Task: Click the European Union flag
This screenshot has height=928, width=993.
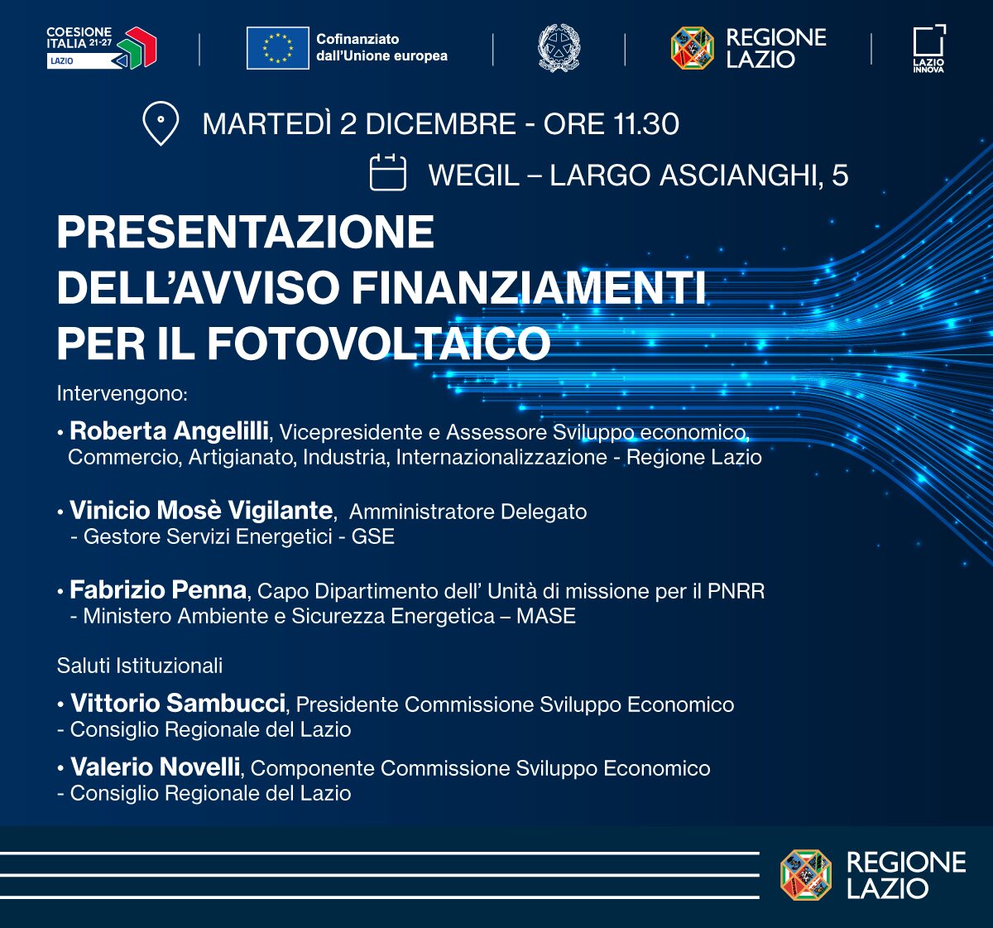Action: tap(277, 48)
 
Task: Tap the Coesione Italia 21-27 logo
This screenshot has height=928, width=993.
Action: tap(102, 48)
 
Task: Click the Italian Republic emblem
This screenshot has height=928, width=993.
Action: tap(559, 48)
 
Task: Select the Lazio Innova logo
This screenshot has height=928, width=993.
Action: tap(929, 49)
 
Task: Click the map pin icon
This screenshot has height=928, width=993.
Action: tap(161, 123)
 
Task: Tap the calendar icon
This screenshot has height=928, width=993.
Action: tap(387, 172)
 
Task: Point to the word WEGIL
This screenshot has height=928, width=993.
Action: tap(474, 176)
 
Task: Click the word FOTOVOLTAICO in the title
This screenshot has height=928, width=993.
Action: tap(378, 344)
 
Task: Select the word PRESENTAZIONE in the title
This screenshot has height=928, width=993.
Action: tap(246, 232)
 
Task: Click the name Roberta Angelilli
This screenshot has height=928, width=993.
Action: tap(169, 430)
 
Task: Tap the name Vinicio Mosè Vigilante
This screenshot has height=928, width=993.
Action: tap(201, 510)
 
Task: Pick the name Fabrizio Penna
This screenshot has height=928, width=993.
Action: tap(158, 589)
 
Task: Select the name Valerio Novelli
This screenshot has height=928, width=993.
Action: tap(156, 767)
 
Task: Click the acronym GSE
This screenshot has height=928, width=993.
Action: tap(373, 536)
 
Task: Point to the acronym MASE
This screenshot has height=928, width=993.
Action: tap(546, 616)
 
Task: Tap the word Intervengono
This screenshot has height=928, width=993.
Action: tap(122, 393)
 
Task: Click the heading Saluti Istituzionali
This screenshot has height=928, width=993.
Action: tap(140, 666)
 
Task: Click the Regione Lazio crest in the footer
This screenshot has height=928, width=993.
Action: tap(805, 874)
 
